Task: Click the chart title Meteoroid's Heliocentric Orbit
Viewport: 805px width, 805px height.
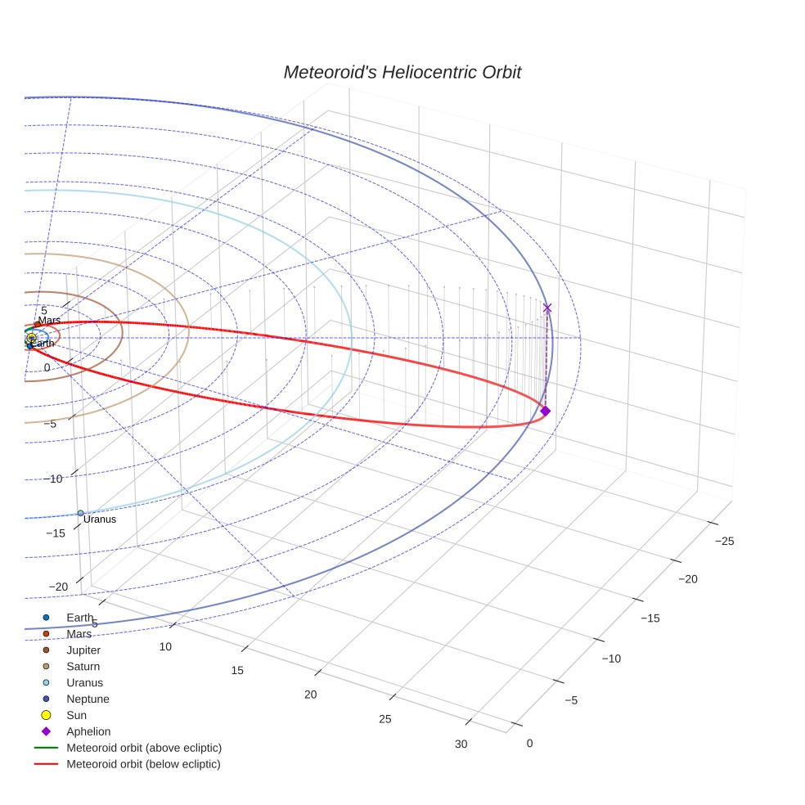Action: [402, 72]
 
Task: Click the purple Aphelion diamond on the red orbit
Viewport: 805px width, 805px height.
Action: [546, 411]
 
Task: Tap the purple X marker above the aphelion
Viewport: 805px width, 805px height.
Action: [547, 308]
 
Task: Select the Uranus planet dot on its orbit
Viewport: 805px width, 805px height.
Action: [80, 513]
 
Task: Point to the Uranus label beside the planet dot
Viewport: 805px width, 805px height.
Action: [100, 519]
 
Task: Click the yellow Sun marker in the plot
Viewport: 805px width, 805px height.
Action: [31, 338]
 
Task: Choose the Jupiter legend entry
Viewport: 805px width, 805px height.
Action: [83, 650]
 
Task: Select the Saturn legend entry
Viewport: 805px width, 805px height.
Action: [83, 667]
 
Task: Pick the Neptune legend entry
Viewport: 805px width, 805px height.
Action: [88, 699]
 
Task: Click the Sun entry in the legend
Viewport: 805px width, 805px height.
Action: [76, 716]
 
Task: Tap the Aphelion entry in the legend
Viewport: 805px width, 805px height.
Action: [88, 732]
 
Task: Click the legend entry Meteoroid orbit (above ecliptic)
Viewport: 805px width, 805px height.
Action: [144, 748]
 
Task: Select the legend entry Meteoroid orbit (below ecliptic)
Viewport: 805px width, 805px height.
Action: [143, 764]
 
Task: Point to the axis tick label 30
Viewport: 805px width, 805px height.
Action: [461, 744]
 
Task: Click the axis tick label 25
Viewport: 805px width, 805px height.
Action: [385, 719]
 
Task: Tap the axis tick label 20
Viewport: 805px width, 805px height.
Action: [310, 695]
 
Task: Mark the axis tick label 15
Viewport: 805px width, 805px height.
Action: [237, 671]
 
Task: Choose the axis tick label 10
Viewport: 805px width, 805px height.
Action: [165, 647]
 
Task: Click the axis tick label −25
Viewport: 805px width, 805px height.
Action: [724, 542]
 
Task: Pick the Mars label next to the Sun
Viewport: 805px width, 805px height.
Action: [49, 321]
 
